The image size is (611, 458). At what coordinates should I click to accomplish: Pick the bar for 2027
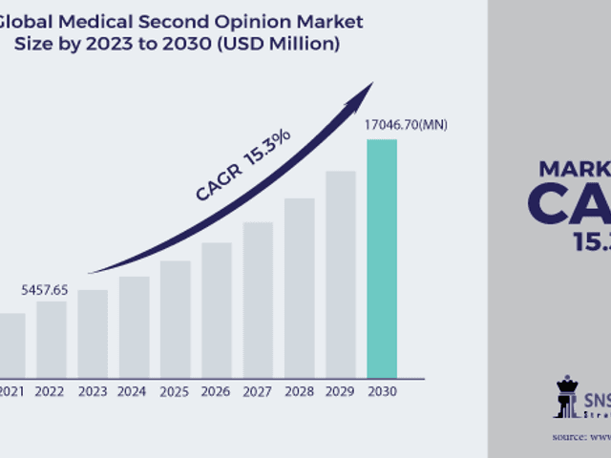[258, 300]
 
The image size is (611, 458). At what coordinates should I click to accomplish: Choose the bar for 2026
[217, 309]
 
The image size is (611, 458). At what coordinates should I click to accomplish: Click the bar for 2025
[176, 319]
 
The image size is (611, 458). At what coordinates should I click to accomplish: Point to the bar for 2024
[134, 326]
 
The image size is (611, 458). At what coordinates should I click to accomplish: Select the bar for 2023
[93, 333]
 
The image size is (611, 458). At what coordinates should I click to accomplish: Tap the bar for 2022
[52, 339]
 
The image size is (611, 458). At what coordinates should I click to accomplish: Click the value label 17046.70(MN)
[406, 125]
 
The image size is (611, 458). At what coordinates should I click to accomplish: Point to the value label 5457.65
[45, 289]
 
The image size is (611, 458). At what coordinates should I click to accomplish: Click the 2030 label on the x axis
[382, 391]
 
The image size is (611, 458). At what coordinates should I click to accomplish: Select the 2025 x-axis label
[176, 391]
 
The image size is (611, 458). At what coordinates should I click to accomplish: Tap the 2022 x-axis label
[52, 391]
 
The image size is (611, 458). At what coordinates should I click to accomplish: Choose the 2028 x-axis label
[299, 391]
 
